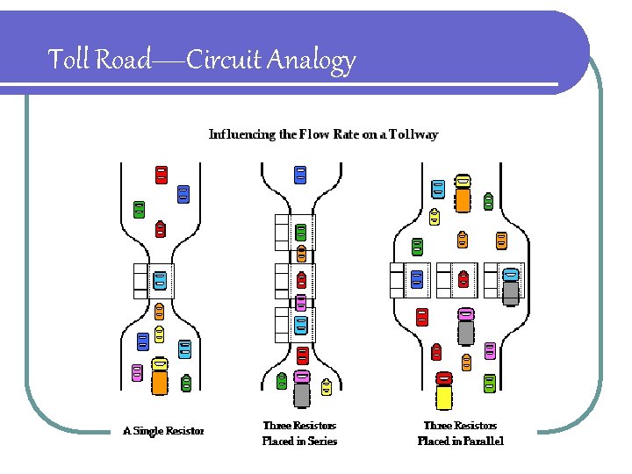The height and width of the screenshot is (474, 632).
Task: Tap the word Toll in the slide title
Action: pos(65,60)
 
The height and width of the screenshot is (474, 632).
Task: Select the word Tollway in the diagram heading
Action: pos(413,134)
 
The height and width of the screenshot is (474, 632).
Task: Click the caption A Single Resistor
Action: pos(163,431)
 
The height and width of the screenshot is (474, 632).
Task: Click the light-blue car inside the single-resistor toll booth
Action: pos(160,280)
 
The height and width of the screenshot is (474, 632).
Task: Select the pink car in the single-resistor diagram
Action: pos(136,372)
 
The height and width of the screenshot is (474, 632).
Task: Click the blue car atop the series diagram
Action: pos(300,175)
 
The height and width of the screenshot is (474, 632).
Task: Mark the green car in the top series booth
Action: pos(301,233)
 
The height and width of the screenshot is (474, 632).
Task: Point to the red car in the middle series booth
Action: pos(301,280)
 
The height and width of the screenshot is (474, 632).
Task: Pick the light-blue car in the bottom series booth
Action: pos(301,326)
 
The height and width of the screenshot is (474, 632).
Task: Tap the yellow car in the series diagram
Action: pos(327,386)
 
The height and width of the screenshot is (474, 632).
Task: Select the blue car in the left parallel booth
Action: pos(417,279)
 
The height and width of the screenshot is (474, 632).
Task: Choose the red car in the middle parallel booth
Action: pos(463,279)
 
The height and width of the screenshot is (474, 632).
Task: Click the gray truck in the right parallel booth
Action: pos(511,285)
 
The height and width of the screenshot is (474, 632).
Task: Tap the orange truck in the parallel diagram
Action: pos(463,194)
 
